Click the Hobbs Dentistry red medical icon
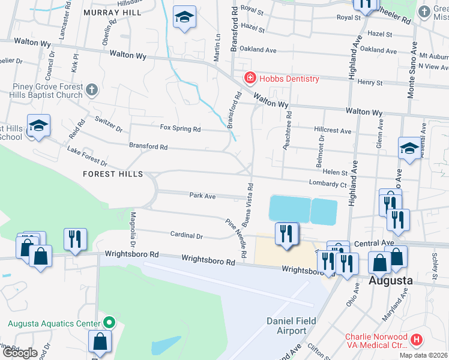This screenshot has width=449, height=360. pos(249,78)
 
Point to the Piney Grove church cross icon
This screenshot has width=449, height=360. pos(91,90)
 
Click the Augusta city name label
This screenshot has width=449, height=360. pos(390,280)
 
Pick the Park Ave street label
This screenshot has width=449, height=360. pos(202,196)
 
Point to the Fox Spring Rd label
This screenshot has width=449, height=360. pos(180,128)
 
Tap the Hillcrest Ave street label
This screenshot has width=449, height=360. pos(333,130)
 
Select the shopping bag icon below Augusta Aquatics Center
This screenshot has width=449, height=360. pos(100,342)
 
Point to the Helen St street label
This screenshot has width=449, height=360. pos(336,172)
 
